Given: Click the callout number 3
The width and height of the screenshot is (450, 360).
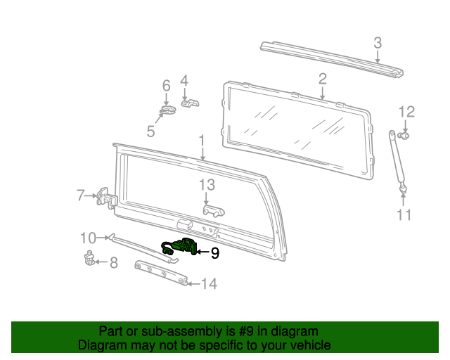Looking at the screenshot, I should pos(378,43).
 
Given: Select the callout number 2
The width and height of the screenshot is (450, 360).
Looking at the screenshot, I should pos(322,78).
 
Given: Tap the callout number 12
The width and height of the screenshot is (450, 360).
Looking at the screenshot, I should pos(406,111).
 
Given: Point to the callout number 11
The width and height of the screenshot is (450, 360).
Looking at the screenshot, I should pos(404,215).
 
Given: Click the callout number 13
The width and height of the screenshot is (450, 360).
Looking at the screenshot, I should pos(206,185).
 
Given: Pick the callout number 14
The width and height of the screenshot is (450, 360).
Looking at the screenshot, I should pos(209,284).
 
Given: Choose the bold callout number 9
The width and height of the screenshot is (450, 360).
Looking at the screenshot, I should pos(215,253).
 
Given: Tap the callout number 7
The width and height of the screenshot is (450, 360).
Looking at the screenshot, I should pos(81,195).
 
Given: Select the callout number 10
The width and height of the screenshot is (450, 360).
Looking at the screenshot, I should pos(88,237).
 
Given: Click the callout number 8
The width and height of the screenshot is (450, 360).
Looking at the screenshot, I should pos(113,263).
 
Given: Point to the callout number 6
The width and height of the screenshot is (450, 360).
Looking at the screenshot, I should pos(167,85).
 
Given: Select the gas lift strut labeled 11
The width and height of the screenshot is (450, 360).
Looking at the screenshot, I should pos(397,160).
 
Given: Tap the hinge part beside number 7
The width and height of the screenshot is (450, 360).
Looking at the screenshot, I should pos(104,198).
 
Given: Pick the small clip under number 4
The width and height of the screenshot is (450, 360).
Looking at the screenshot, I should pos(189,103).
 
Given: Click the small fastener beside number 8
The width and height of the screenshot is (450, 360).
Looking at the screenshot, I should pos(91,258).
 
